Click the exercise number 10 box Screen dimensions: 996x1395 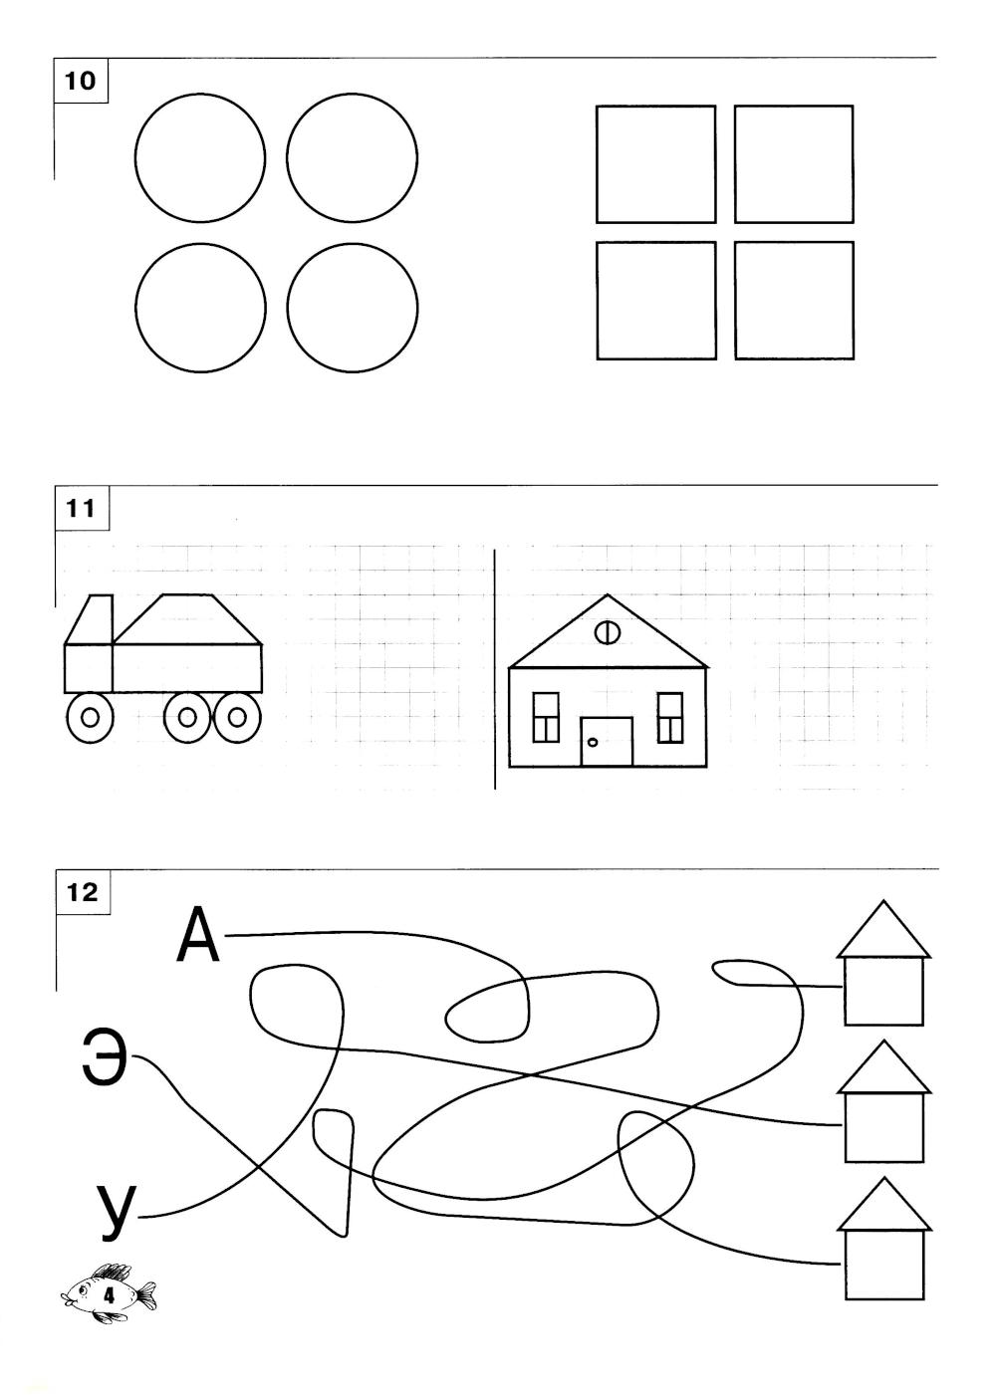coord(81,81)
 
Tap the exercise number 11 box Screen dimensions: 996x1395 coord(82,509)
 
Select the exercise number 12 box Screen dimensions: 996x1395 coord(83,892)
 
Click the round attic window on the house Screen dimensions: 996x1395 coord(607,632)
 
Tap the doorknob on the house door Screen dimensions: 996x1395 coord(593,742)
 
